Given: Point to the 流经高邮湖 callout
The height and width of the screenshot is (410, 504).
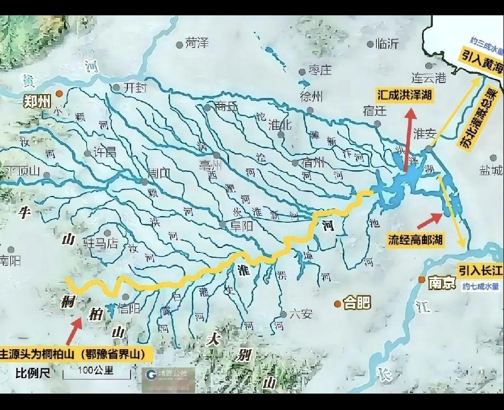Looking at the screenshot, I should click(x=415, y=239).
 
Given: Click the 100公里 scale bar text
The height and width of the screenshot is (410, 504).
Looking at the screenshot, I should click(x=96, y=371).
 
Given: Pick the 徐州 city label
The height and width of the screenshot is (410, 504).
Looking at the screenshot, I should click(x=312, y=97).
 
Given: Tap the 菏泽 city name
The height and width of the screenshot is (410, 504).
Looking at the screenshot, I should click(x=197, y=43).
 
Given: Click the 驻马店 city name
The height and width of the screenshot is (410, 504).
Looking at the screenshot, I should click(x=101, y=242).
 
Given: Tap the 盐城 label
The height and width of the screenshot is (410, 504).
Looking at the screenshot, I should click(x=491, y=170).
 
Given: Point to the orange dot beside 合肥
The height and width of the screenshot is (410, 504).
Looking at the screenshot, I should click(x=337, y=303).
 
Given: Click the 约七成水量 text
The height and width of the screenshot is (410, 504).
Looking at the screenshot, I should click(x=480, y=286).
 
